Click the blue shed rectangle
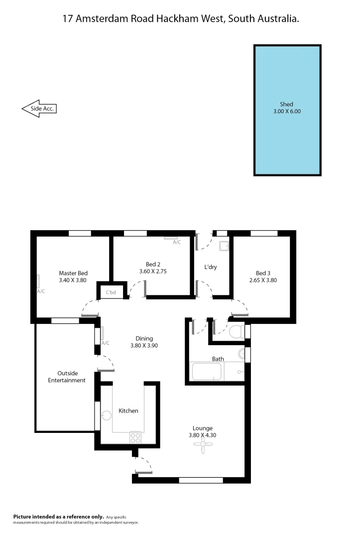pyautogui.click(x=287, y=111)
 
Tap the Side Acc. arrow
pyautogui.click(x=38, y=108)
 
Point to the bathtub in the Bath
pyautogui.click(x=207, y=372)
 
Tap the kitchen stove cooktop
pyautogui.click(x=135, y=437)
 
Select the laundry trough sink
pyautogui.click(x=224, y=245)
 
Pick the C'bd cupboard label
pyautogui.click(x=111, y=292)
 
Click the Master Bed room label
pyautogui.click(x=73, y=273)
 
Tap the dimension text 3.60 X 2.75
pyautogui.click(x=153, y=271)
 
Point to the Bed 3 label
pyautogui.click(x=263, y=273)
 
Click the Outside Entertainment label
pyautogui.click(x=67, y=377)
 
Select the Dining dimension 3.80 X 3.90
pyautogui.click(x=144, y=345)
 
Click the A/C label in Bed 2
pyautogui.click(x=177, y=243)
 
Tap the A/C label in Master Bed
pyautogui.click(x=41, y=291)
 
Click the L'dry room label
pyautogui.click(x=211, y=268)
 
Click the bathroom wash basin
pyautogui.click(x=241, y=354)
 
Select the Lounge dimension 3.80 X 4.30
pyautogui.click(x=202, y=435)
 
